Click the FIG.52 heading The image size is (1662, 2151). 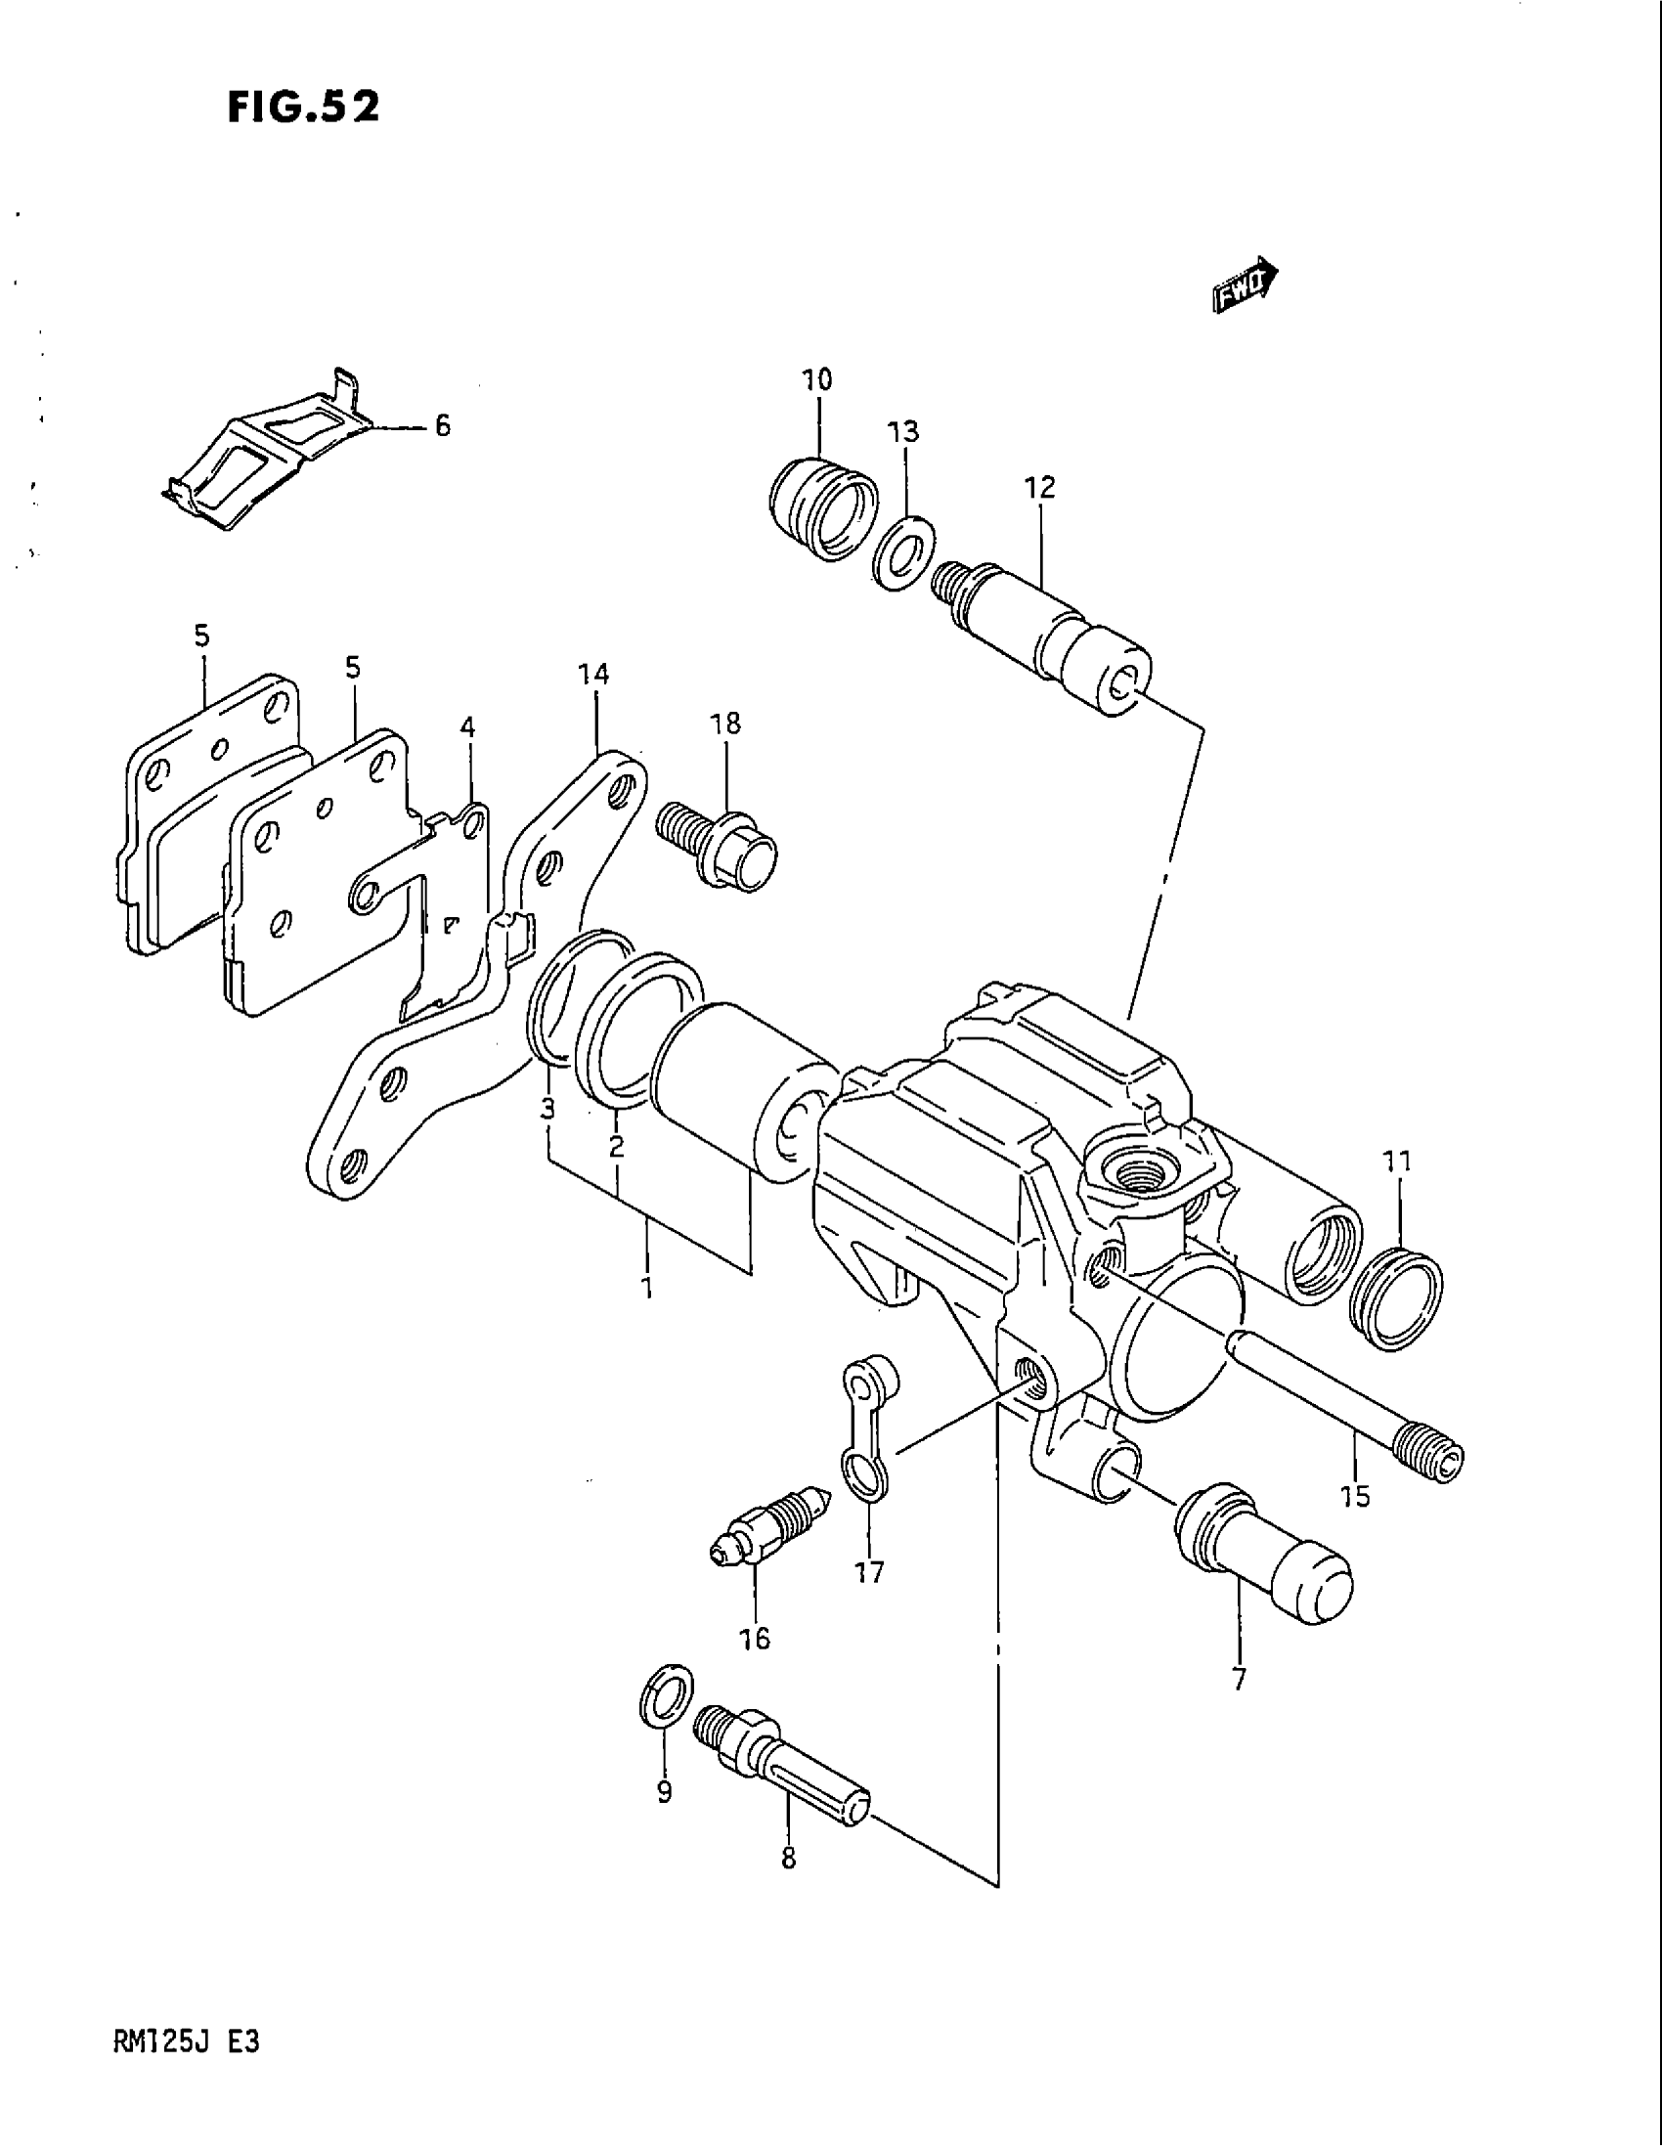[x=303, y=107]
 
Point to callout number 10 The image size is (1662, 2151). [x=817, y=380]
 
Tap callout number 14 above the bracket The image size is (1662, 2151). [x=593, y=675]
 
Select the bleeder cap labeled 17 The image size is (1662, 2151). [x=866, y=1428]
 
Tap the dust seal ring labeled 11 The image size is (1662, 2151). [x=1398, y=1298]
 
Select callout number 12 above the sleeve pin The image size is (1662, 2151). [x=1040, y=488]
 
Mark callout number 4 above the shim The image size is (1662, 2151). [x=467, y=727]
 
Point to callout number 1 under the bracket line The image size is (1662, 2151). [x=647, y=1288]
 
